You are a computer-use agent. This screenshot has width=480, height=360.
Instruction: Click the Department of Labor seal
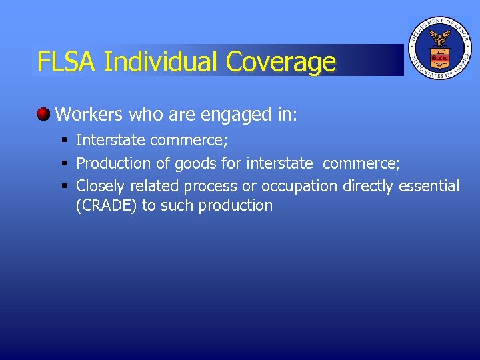point(439,48)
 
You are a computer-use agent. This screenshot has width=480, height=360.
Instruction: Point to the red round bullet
point(43,113)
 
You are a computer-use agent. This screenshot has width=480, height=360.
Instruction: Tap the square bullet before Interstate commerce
point(65,140)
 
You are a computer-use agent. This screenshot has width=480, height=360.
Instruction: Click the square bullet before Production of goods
point(65,163)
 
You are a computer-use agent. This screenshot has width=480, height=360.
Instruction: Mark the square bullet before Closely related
point(65,185)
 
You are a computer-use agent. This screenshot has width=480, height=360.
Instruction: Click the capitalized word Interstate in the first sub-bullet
point(111,140)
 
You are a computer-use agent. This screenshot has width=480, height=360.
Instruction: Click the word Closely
point(100,185)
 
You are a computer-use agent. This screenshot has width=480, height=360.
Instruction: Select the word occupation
point(299,186)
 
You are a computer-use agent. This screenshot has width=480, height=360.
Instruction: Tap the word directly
point(369,186)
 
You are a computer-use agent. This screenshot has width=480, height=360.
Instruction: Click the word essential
point(429,185)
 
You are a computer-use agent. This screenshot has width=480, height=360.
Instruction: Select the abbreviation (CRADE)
point(107,205)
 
